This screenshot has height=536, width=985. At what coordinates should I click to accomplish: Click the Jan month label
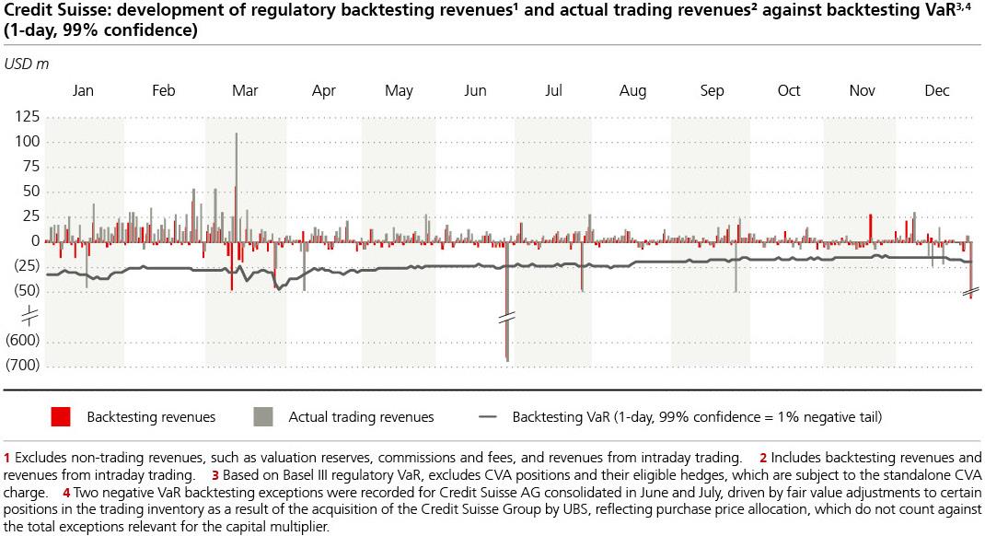click(x=83, y=90)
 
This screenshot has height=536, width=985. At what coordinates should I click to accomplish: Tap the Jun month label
click(x=475, y=90)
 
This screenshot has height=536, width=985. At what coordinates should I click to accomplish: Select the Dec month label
click(x=936, y=90)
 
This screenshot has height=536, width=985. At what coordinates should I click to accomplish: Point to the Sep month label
click(x=712, y=91)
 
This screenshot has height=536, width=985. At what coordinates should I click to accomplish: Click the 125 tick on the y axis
click(x=27, y=116)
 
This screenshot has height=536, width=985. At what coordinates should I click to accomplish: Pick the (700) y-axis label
click(x=23, y=365)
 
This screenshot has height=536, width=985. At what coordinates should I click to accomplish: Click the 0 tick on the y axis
click(x=35, y=240)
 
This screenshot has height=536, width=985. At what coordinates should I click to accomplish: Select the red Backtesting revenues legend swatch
click(x=61, y=416)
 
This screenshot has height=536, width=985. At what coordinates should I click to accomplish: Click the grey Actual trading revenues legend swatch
click(x=262, y=416)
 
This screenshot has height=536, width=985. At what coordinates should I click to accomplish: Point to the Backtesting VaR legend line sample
click(x=488, y=416)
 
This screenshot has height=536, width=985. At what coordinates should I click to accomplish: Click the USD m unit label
click(x=27, y=64)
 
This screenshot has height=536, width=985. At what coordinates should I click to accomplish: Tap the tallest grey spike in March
click(x=237, y=187)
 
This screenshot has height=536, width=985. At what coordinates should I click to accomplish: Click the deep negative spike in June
click(x=507, y=302)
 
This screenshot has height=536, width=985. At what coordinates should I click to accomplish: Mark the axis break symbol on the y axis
click(x=29, y=315)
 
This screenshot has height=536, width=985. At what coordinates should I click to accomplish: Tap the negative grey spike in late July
click(x=583, y=266)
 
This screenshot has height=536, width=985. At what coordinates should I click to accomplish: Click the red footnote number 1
click(x=7, y=458)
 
